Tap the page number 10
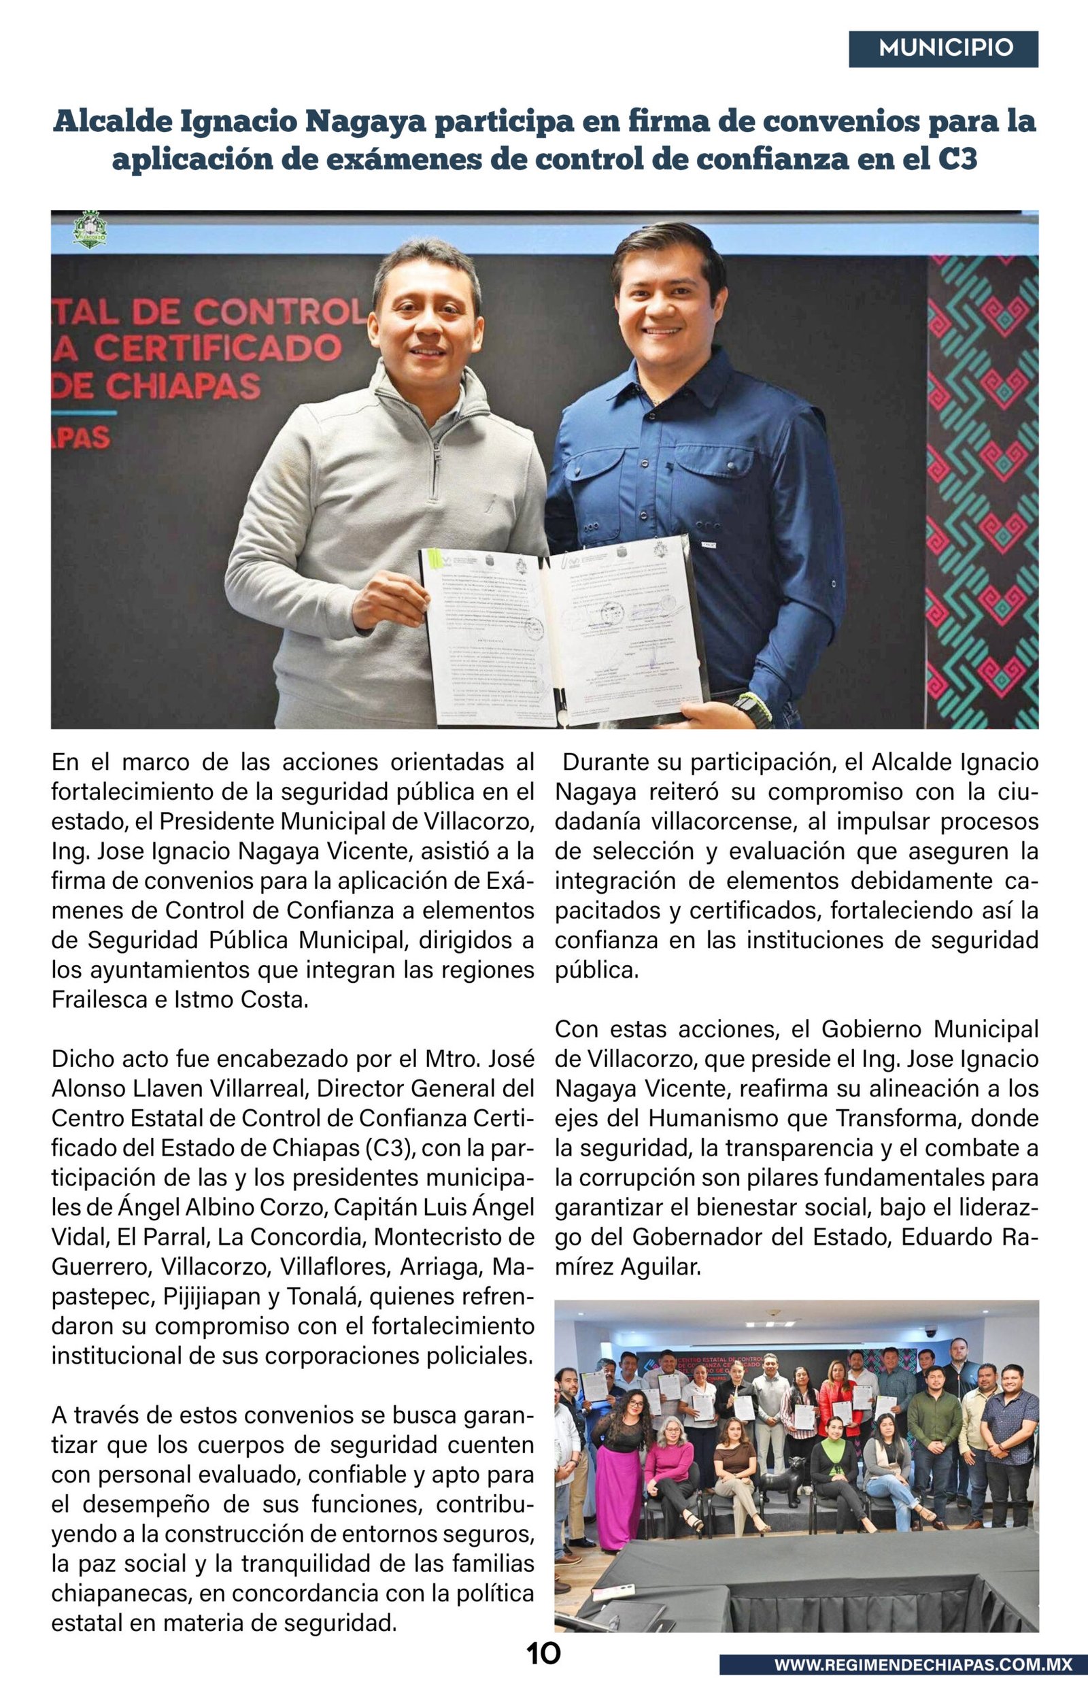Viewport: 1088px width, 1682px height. (543, 1653)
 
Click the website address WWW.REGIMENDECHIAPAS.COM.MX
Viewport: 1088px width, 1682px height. (922, 1664)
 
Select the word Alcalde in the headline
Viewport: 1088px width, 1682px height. (112, 122)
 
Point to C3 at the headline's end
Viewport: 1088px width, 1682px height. (957, 159)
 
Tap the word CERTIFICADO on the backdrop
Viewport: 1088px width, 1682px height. (218, 348)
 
